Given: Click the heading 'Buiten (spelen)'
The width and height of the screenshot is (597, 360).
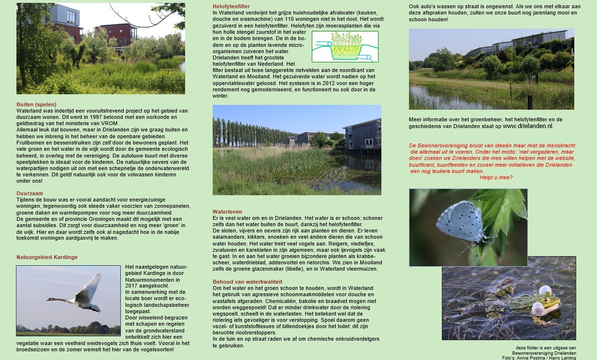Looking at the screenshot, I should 36,104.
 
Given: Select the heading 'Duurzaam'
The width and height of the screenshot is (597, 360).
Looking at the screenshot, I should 29,193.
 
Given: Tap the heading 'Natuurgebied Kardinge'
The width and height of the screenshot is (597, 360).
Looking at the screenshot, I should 47,257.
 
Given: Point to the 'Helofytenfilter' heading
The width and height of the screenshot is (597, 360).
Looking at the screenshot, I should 231,6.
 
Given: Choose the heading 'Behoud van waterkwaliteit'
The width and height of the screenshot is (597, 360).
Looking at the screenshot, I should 248,282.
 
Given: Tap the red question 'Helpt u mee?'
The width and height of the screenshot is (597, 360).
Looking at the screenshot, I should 496,177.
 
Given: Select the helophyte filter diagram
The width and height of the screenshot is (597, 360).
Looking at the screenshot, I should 345,47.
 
